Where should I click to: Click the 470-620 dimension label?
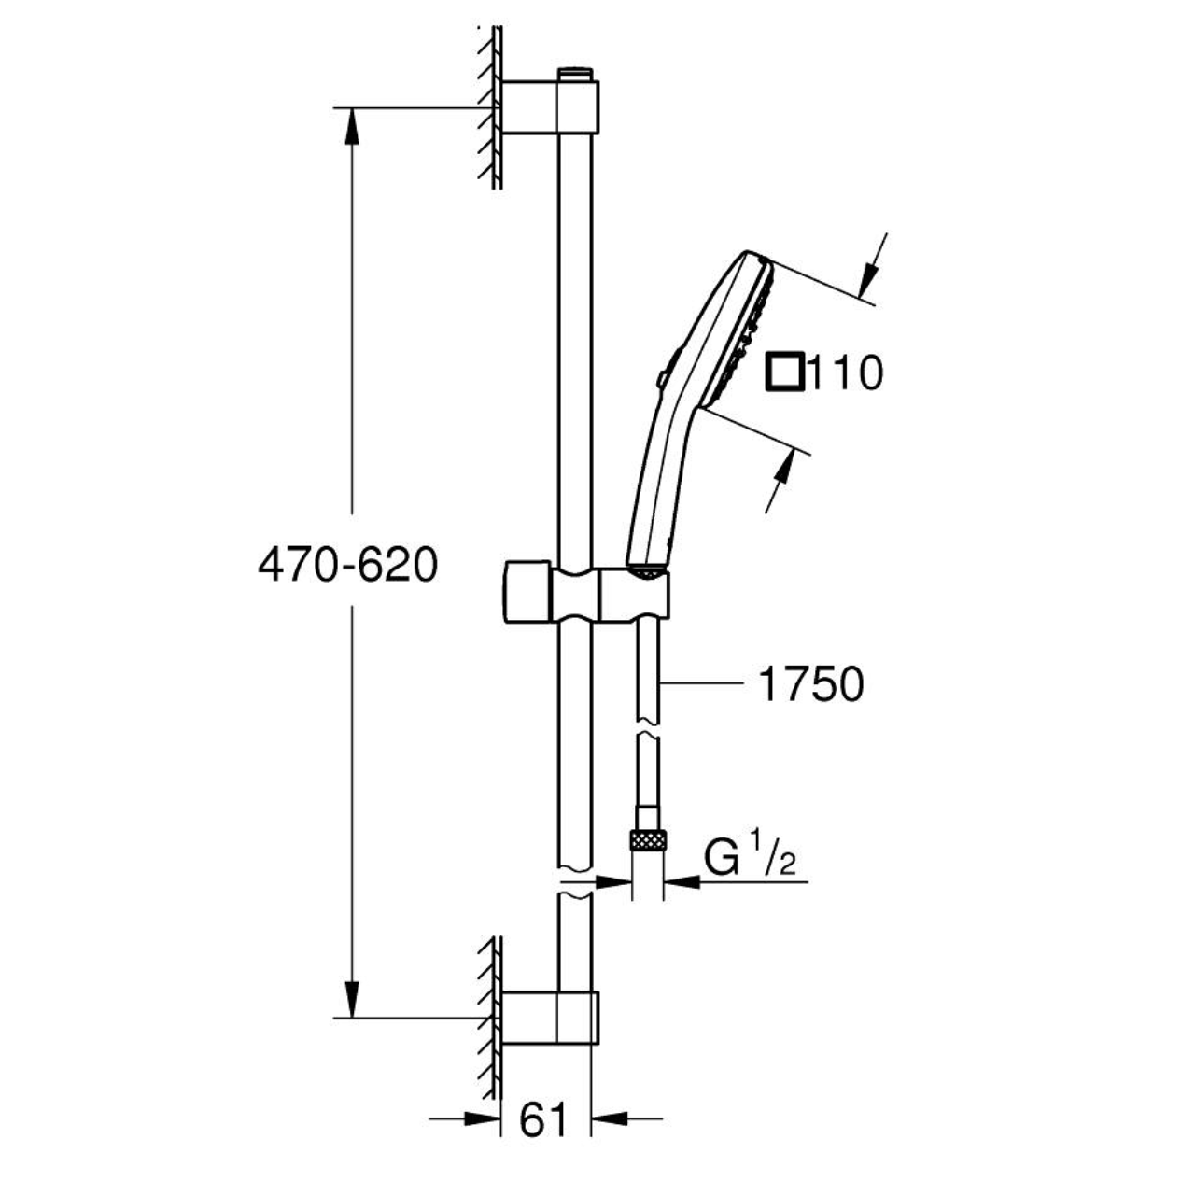[x=347, y=565]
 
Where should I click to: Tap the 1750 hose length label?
[x=811, y=684]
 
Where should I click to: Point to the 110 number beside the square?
[x=845, y=373]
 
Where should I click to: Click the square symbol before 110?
[x=785, y=373]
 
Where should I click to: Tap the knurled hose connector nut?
[x=647, y=841]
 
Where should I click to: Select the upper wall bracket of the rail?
[x=550, y=106]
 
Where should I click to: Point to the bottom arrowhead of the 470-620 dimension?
[x=352, y=1000]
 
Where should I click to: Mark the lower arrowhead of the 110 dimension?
[x=784, y=466]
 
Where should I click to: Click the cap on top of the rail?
[x=575, y=74]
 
